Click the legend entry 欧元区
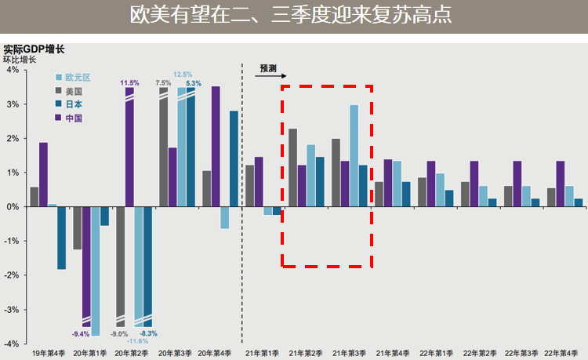pyautogui.click(x=78, y=78)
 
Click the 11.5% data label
pyautogui.click(x=129, y=82)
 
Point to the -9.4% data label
pyautogui.click(x=82, y=335)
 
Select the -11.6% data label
pyautogui.click(x=138, y=341)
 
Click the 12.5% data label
pyautogui.click(x=182, y=75)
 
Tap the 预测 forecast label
pyautogui.click(x=268, y=69)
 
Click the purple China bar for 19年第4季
pyautogui.click(x=43, y=174)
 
